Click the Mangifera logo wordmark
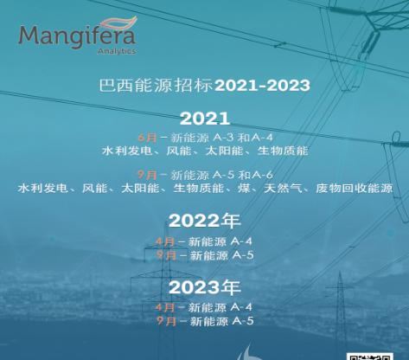(x=77, y=36)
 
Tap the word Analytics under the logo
(x=117, y=51)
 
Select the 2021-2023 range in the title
(x=263, y=86)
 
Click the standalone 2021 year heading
(x=205, y=119)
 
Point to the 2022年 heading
(x=204, y=221)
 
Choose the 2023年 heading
(x=204, y=287)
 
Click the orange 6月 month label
(x=147, y=138)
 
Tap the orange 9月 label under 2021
(x=147, y=175)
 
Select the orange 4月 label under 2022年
(x=165, y=241)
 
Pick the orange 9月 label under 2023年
(x=166, y=321)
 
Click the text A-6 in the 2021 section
(x=262, y=175)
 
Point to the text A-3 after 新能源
(x=223, y=138)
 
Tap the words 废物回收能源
(x=355, y=189)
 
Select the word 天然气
(x=283, y=189)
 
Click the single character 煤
(x=244, y=189)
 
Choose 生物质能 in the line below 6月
(x=283, y=151)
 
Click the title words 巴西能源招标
(x=156, y=86)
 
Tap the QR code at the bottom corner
(x=370, y=357)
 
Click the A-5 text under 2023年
(x=243, y=321)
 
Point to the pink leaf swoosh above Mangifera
(x=118, y=22)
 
